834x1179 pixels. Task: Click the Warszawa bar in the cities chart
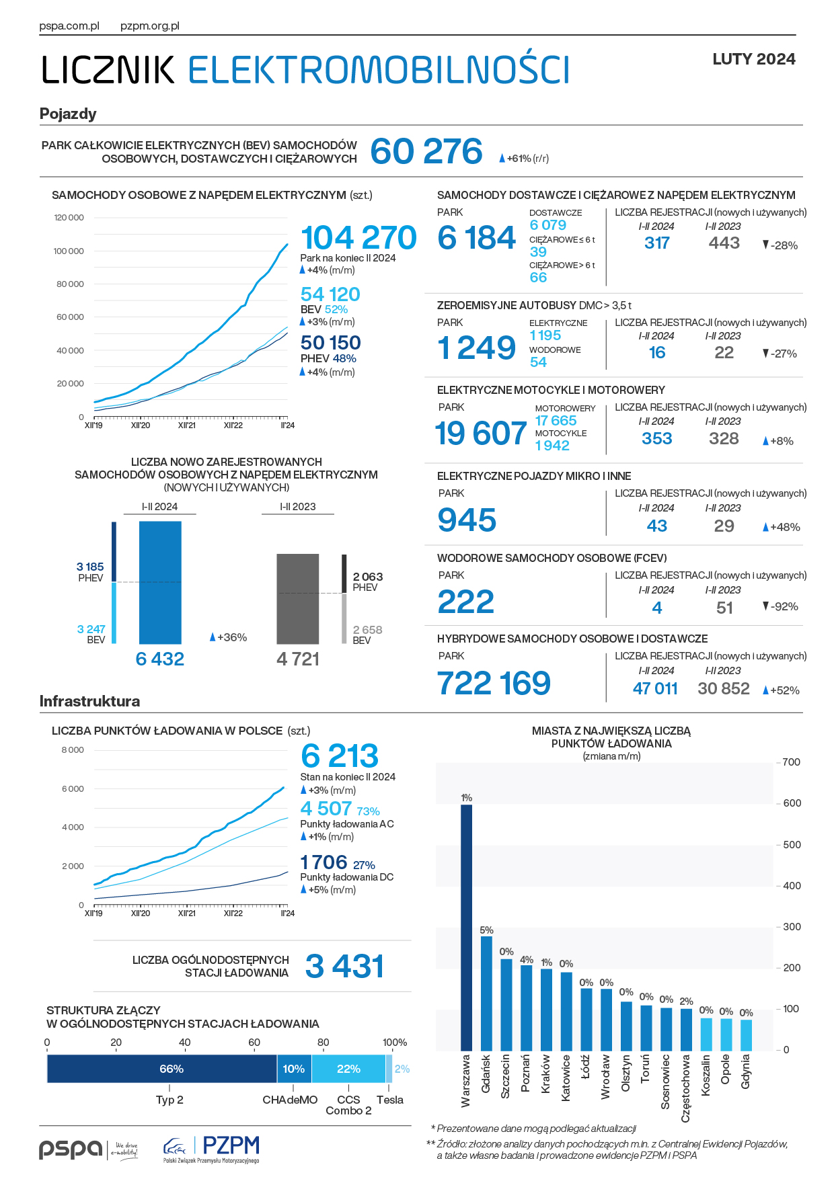(466, 927)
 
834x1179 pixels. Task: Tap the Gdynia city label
(746, 1071)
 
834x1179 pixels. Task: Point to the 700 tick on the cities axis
(792, 762)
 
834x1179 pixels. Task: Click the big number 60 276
(426, 151)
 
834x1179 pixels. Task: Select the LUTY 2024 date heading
(753, 59)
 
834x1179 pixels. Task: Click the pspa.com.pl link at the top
(69, 26)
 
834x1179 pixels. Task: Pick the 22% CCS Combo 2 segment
(348, 1069)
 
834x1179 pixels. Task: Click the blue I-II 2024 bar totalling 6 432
(160, 582)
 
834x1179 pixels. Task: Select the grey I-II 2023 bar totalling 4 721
(298, 599)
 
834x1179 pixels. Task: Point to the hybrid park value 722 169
(494, 684)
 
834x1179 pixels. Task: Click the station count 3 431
(344, 967)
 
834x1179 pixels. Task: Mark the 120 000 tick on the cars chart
(69, 218)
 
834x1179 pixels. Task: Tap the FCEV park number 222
(465, 602)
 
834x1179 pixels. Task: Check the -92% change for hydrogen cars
(781, 606)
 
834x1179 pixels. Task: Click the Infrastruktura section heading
(89, 701)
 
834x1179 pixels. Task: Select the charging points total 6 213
(340, 756)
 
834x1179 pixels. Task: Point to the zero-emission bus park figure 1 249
(476, 348)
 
